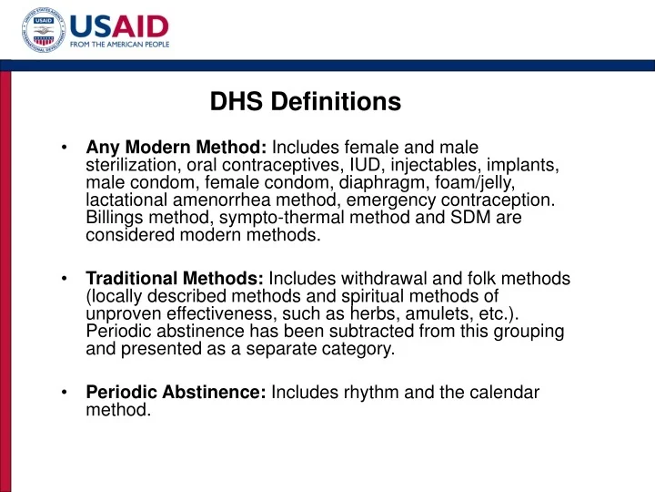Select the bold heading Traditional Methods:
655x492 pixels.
coord(175,279)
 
